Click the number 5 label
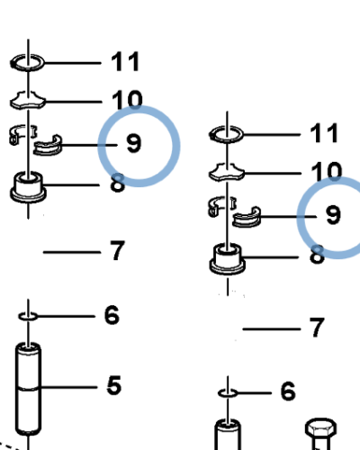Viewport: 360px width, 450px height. [x=114, y=385]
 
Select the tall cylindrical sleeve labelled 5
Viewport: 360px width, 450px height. [x=28, y=389]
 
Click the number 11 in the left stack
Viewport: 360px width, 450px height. [x=125, y=61]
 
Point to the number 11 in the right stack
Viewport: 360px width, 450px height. [x=324, y=133]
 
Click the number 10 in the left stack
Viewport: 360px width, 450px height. [x=127, y=100]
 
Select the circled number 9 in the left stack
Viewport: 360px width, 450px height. [x=134, y=143]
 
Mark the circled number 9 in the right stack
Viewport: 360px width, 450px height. [x=333, y=215]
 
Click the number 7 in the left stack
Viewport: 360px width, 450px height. [x=117, y=250]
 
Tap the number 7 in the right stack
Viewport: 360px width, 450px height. [x=317, y=328]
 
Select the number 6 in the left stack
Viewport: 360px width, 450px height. [x=112, y=315]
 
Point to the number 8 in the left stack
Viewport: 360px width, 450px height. [x=118, y=183]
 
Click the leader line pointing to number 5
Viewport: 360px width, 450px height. [x=69, y=387]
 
